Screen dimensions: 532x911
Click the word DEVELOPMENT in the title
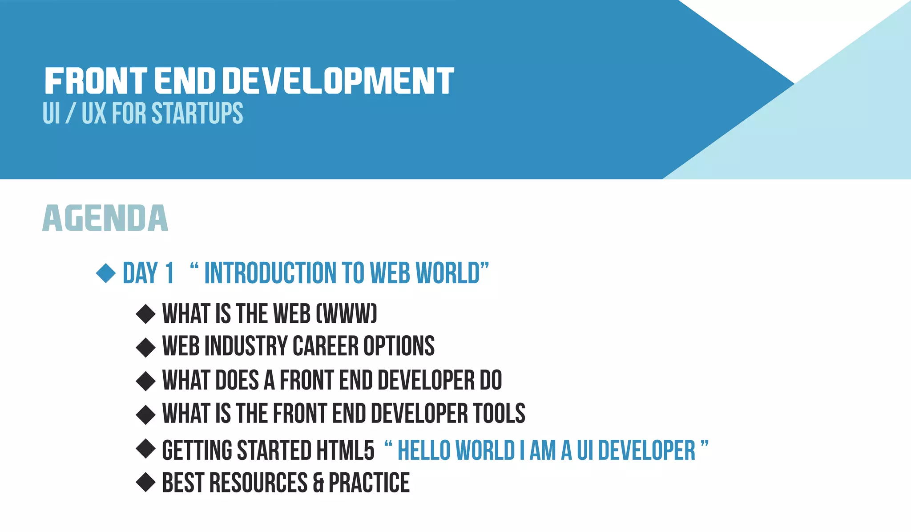338,81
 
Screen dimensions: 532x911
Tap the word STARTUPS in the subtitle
197,113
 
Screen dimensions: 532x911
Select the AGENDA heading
105,218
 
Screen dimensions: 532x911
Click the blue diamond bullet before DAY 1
106,272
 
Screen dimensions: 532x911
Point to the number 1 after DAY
169,273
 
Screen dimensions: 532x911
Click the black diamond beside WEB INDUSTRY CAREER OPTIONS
145,347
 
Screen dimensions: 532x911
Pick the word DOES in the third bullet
237,380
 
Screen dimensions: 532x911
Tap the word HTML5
345,450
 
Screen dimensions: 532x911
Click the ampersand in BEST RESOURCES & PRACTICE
318,483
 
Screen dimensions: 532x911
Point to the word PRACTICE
369,483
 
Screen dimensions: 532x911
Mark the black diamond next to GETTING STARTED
145,449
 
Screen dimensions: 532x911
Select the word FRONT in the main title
96,81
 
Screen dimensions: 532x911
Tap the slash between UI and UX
70,113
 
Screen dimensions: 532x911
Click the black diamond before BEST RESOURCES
145,482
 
